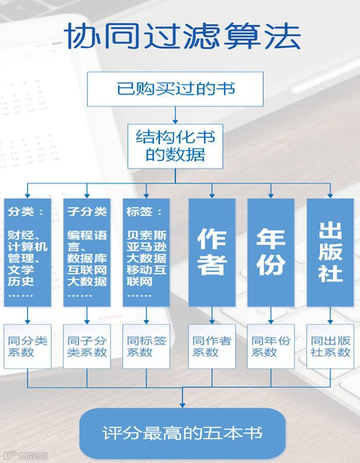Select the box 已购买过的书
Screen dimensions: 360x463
click(175, 88)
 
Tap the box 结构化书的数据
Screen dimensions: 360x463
click(175, 146)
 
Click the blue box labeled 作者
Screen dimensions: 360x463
click(212, 252)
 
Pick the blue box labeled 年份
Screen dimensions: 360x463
click(271, 252)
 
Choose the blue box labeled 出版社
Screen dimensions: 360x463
click(330, 252)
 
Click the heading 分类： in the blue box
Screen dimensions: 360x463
click(26, 212)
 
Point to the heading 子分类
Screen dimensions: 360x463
click(86, 212)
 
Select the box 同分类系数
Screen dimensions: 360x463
click(27, 346)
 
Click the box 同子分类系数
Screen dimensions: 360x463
click(87, 346)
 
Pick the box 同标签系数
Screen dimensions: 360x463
click(147, 346)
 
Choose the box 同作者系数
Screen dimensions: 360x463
click(212, 346)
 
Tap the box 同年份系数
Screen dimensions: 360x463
click(271, 346)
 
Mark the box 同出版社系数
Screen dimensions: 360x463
click(330, 346)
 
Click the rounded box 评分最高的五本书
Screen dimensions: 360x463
click(182, 433)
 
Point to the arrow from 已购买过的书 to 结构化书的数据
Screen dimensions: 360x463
click(175, 114)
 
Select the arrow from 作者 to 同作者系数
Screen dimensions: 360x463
click(212, 315)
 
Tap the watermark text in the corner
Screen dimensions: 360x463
click(26, 455)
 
